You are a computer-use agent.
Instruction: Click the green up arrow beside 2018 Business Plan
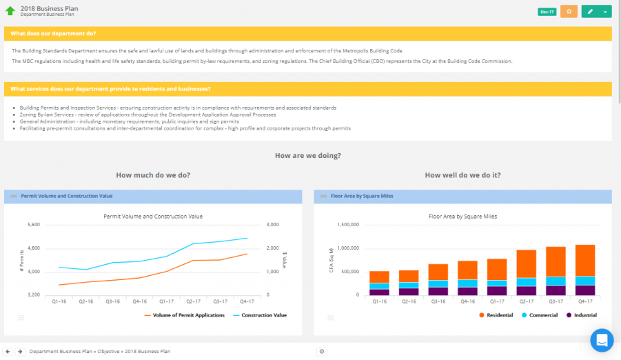tap(10, 11)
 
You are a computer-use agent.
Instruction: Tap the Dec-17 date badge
tap(547, 12)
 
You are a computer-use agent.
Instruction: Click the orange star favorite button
tap(569, 12)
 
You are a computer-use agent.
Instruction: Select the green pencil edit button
tap(591, 12)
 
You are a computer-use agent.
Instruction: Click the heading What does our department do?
tap(53, 34)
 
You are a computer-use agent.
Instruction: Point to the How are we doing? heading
tap(307, 155)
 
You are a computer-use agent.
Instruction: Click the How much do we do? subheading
tap(153, 175)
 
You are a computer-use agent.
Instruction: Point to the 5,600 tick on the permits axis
tap(33, 225)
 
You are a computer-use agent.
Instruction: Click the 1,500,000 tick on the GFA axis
tap(347, 225)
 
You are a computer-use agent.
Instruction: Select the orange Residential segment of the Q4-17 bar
tap(584, 261)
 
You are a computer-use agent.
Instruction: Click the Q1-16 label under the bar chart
tap(379, 301)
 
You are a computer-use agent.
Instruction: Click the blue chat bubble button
tap(601, 340)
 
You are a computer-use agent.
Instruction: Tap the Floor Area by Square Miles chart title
tap(462, 216)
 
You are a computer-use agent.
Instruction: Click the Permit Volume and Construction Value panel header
tap(67, 196)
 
